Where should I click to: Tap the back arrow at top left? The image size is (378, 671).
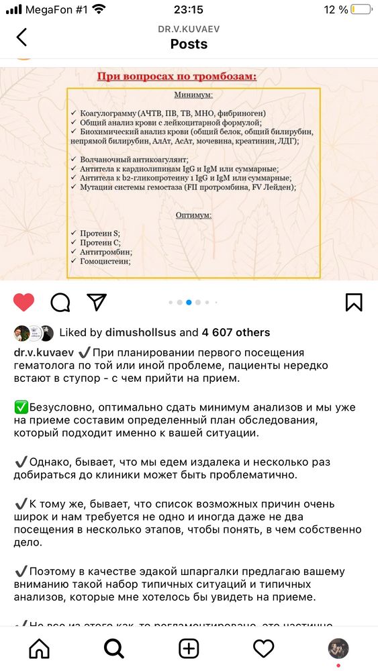21,37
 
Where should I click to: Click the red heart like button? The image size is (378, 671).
24,302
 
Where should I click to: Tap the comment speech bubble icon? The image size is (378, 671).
60,302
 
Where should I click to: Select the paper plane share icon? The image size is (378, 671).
97,302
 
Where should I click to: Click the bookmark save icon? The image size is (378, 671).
354,302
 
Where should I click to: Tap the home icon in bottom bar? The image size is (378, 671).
40,648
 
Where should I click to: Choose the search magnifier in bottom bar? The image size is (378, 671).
114,648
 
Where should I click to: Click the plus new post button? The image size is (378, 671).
189,648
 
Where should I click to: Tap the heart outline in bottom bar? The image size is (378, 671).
263,648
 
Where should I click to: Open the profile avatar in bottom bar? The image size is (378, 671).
338,648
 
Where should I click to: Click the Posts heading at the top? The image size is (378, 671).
189,44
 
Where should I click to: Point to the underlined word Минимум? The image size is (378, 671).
193,95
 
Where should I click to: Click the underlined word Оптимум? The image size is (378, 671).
193,215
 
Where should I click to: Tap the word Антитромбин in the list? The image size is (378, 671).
105,252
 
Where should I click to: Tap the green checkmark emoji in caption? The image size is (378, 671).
20,407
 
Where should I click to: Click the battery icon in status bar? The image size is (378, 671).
361,9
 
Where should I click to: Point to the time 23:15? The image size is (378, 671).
188,9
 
